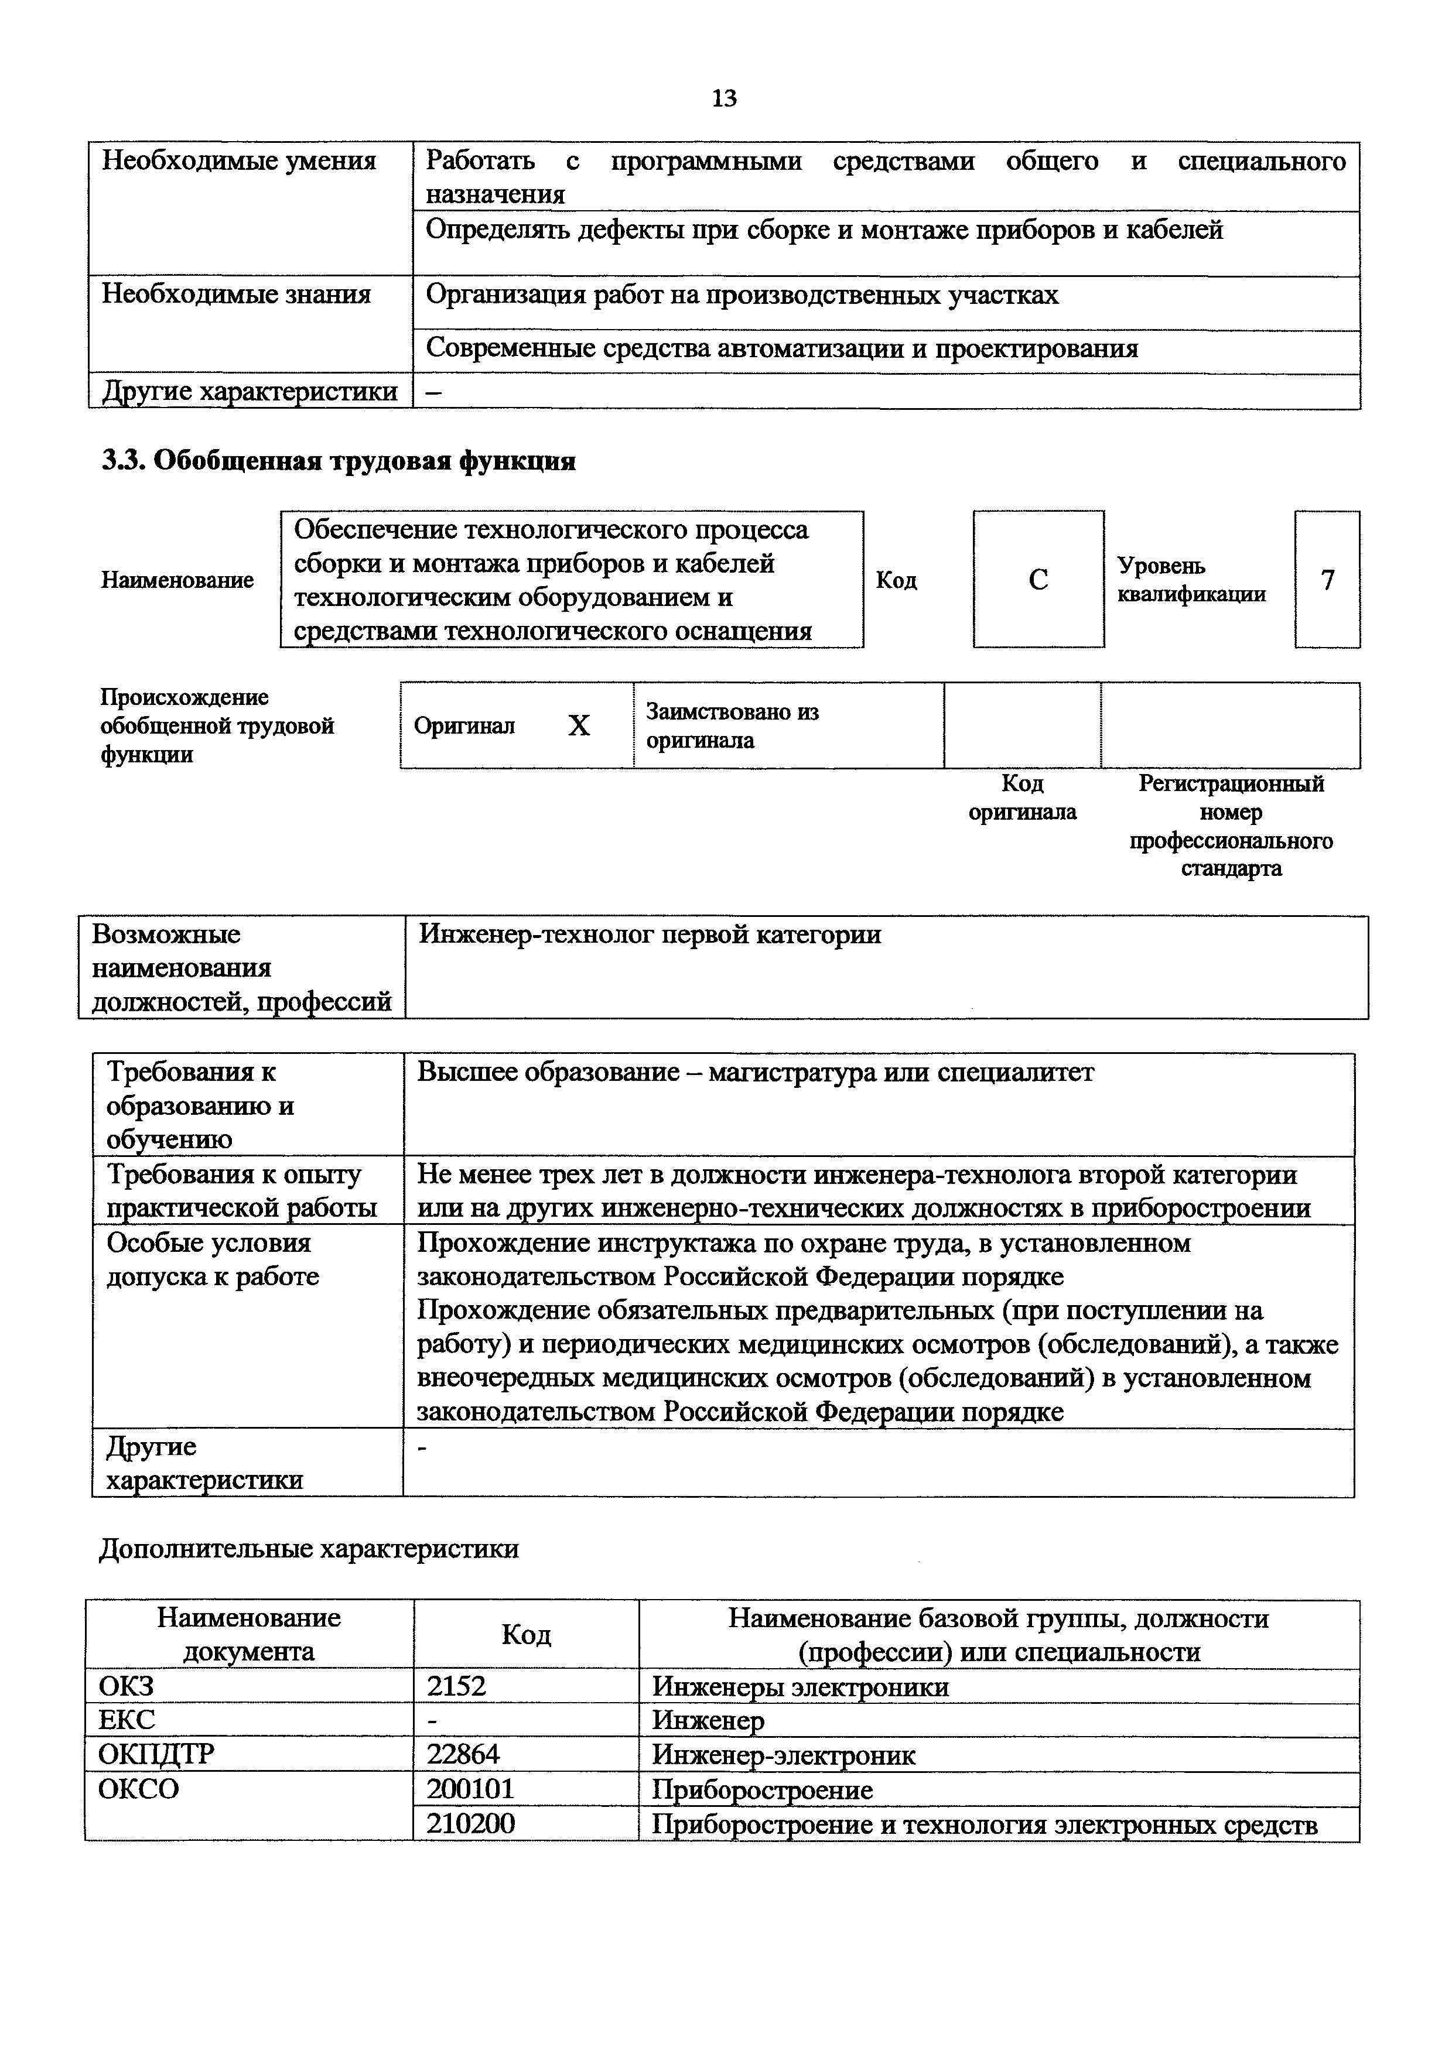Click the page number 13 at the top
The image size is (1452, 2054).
click(724, 98)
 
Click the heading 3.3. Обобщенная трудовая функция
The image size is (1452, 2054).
click(337, 461)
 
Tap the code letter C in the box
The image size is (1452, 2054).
click(1038, 581)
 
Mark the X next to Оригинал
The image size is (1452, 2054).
click(579, 725)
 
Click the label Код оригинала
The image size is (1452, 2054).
click(1023, 798)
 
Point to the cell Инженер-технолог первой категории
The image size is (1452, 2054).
click(650, 935)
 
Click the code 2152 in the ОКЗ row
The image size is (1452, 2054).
click(456, 1686)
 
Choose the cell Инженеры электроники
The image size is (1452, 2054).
click(800, 1687)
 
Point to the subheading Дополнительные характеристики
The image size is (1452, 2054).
click(309, 1549)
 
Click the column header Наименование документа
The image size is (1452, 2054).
click(249, 1634)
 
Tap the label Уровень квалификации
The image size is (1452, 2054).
click(1191, 581)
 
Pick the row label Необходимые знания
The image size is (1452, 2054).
click(236, 295)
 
